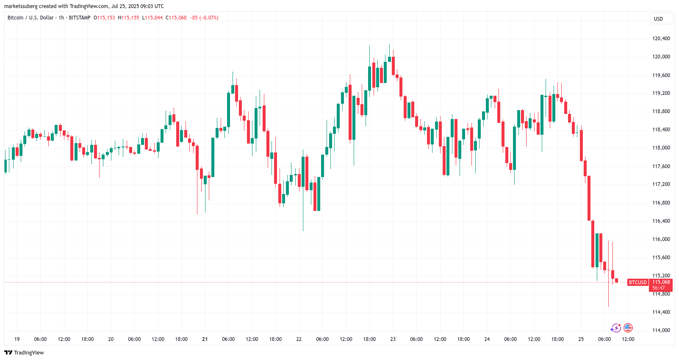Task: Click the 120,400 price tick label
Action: [661, 39]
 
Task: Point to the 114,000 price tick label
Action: [661, 330]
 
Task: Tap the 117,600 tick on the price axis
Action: [661, 166]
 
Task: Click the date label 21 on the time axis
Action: [205, 339]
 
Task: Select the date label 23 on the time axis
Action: [393, 339]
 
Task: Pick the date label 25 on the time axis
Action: [581, 339]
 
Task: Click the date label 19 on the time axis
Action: [17, 339]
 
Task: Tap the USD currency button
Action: [658, 19]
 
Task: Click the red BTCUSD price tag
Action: [637, 282]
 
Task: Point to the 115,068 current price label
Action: [661, 282]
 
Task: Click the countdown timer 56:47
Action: [658, 288]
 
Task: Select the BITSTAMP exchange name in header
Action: [80, 18]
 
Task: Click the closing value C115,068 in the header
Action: [176, 18]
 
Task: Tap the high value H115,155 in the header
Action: [128, 18]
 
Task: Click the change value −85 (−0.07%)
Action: [204, 18]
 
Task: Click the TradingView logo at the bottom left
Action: [24, 353]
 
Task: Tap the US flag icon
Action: [628, 328]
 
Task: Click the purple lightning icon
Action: [615, 328]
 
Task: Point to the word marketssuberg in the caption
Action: [21, 6]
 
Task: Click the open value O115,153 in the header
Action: [104, 18]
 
